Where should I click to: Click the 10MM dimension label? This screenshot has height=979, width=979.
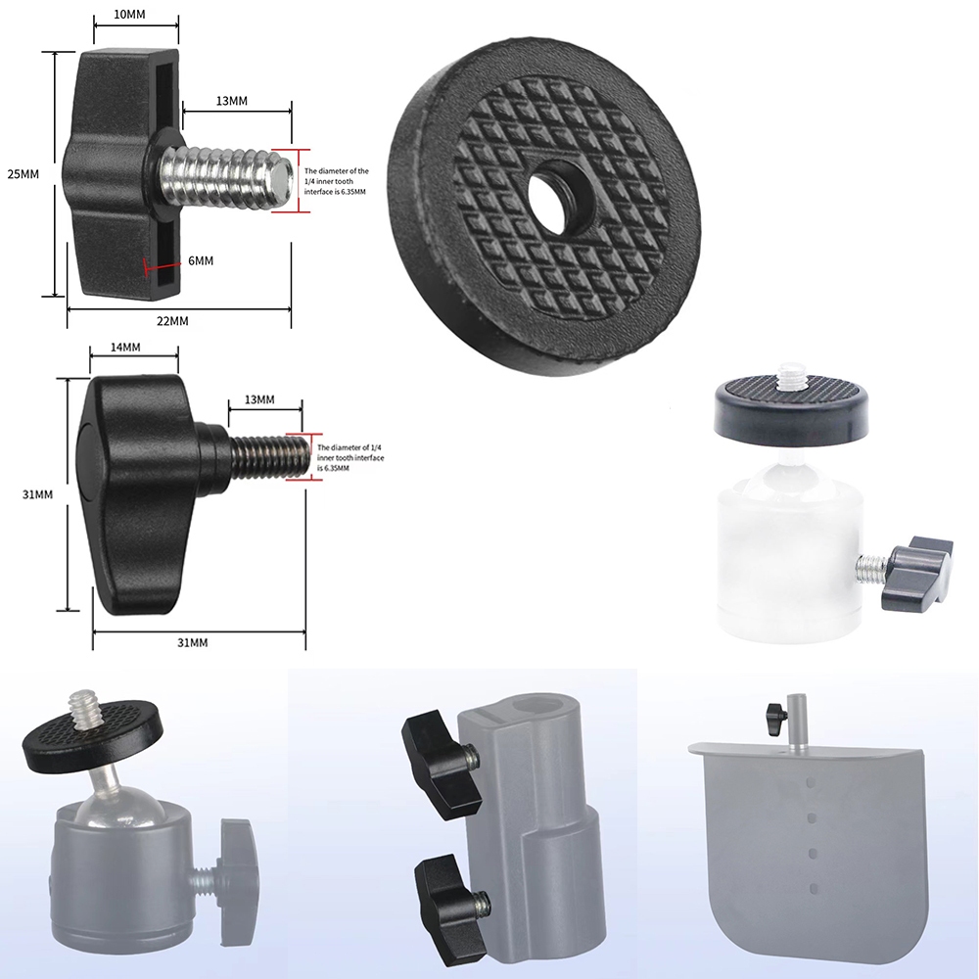click(129, 15)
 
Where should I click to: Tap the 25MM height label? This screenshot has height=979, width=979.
click(23, 174)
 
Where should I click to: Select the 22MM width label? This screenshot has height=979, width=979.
click(172, 321)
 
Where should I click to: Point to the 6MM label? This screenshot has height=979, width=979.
click(201, 260)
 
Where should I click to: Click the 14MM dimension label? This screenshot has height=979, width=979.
click(125, 348)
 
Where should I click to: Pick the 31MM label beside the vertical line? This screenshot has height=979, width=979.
click(37, 494)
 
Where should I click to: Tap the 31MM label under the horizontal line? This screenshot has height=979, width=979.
click(192, 642)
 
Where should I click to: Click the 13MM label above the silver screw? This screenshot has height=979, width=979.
click(232, 101)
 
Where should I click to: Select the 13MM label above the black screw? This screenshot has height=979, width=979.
click(259, 399)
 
